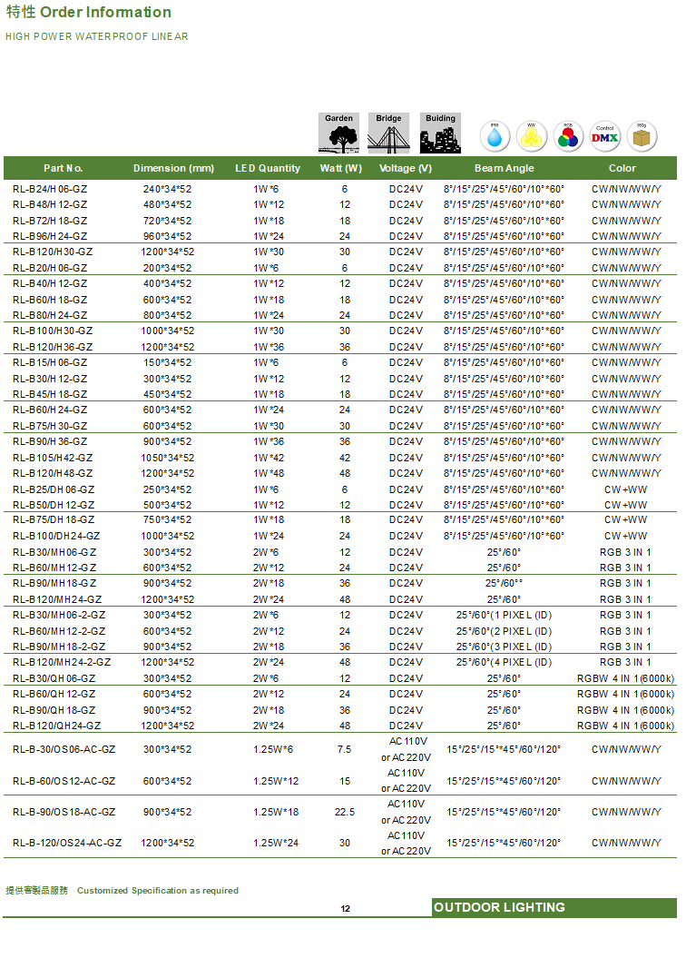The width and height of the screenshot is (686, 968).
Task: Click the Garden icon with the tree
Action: pos(339,133)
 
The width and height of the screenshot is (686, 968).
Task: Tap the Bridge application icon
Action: pos(388,133)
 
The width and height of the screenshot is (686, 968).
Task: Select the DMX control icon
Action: pos(605,136)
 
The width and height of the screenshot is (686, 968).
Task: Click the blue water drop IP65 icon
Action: pos(495,136)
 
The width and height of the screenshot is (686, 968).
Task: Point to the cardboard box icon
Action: pos(642,136)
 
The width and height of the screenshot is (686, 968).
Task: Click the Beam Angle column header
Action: pos(504,168)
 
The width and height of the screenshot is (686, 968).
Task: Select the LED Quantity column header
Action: pos(268,168)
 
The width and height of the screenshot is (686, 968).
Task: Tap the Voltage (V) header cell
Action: pos(406,168)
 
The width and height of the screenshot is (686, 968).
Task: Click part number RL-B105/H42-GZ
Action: pos(53,458)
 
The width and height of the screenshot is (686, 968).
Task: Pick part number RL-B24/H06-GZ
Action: pos(50,189)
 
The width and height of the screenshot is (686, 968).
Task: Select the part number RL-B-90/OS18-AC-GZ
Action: pos(64,812)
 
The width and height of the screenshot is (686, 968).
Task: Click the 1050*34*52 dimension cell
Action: pos(167,458)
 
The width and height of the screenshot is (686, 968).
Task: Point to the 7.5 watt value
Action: pos(345,749)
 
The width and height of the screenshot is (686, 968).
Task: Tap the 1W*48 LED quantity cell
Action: pos(269,473)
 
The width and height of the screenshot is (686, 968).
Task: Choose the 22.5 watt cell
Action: pos(345,812)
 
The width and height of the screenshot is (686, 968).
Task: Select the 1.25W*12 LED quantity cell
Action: pos(276,781)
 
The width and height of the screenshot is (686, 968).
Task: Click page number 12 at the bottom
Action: pos(346,909)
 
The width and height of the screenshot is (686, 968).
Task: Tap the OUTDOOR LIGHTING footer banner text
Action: pos(499,907)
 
